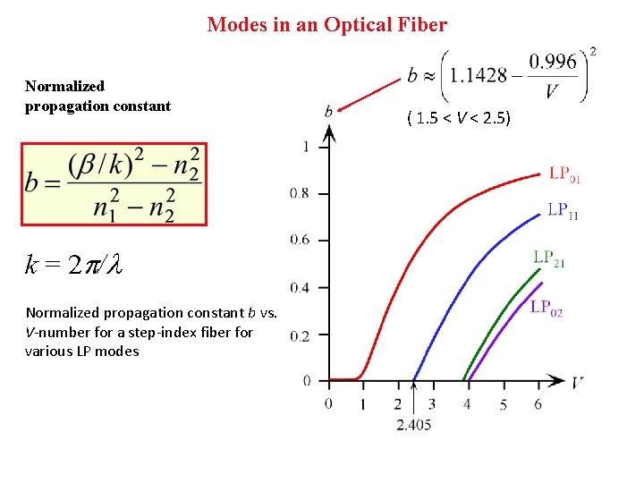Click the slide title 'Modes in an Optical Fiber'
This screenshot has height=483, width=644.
pyautogui.click(x=326, y=25)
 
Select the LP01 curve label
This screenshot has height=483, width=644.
pyautogui.click(x=564, y=174)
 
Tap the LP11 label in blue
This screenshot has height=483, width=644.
pyautogui.click(x=563, y=211)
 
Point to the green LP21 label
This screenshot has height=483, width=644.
pyautogui.click(x=549, y=258)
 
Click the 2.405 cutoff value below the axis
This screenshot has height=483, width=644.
pyautogui.click(x=413, y=424)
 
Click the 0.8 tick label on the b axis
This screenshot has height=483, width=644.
pyautogui.click(x=301, y=192)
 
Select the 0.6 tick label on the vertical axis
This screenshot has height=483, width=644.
pyautogui.click(x=301, y=240)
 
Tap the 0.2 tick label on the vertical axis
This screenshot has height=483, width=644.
pyautogui.click(x=301, y=335)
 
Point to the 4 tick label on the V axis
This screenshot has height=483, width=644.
pyautogui.click(x=467, y=404)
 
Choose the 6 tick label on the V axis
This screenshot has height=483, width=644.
pyautogui.click(x=538, y=404)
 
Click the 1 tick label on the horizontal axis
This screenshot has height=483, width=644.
pyautogui.click(x=362, y=404)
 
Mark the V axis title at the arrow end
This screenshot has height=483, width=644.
pyautogui.click(x=579, y=382)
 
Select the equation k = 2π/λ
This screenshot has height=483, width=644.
pyautogui.click(x=72, y=265)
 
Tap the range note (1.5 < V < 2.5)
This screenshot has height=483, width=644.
pyautogui.click(x=458, y=117)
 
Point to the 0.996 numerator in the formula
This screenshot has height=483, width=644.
pyautogui.click(x=552, y=62)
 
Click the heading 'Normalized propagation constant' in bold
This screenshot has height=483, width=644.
pyautogui.click(x=97, y=96)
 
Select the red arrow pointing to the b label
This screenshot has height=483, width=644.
pyautogui.click(x=370, y=95)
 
